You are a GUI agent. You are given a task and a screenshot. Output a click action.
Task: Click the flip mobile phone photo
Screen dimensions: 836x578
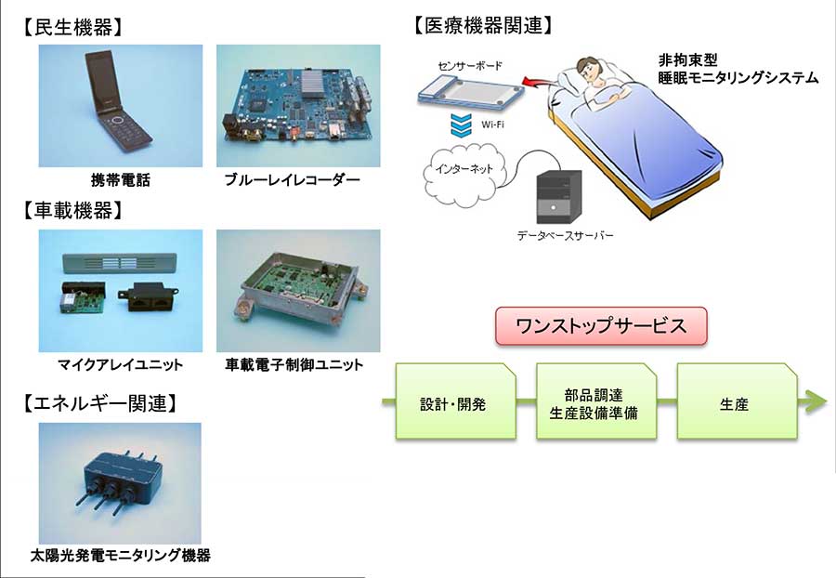click(121, 106)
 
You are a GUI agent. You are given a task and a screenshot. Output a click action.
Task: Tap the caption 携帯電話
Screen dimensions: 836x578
click(121, 180)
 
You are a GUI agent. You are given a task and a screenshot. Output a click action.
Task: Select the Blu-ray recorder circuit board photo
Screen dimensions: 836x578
click(298, 106)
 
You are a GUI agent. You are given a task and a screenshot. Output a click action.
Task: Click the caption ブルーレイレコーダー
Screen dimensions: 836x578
click(293, 180)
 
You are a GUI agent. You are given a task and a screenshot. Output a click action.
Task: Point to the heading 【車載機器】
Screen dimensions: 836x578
click(73, 211)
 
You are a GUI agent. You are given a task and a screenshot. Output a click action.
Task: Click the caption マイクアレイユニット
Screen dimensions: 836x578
click(121, 365)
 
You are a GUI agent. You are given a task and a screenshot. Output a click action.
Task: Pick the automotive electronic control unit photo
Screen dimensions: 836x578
click(298, 291)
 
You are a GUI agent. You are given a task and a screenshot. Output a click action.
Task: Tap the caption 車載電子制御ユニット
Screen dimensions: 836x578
click(294, 365)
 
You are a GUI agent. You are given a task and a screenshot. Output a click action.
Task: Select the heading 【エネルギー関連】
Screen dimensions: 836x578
click(99, 403)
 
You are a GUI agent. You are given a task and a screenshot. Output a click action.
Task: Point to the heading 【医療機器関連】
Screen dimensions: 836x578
click(483, 26)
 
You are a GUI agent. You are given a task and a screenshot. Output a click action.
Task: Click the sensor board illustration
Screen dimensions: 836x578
click(470, 92)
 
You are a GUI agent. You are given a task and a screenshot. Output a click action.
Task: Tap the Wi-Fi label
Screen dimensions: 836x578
click(492, 125)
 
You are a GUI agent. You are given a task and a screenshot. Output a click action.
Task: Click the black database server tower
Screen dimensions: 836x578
click(559, 196)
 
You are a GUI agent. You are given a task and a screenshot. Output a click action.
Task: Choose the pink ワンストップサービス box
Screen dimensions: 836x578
click(601, 326)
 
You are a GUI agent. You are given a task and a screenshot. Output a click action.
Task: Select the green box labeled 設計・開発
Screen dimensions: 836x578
click(456, 401)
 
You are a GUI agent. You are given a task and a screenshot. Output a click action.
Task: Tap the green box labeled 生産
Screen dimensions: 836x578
click(737, 401)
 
